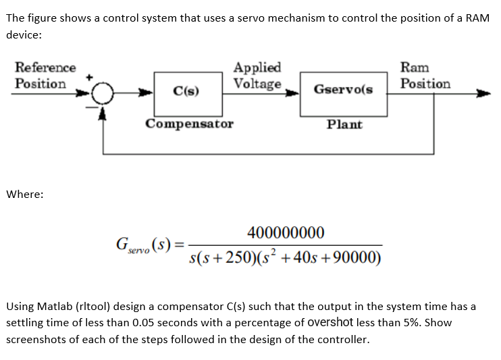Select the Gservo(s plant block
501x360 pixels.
343,89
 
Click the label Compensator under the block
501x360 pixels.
190,124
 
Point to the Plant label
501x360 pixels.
344,124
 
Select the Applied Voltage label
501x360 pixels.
257,76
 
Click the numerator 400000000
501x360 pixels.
286,233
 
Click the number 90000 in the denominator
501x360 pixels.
356,258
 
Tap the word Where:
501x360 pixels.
25,195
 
